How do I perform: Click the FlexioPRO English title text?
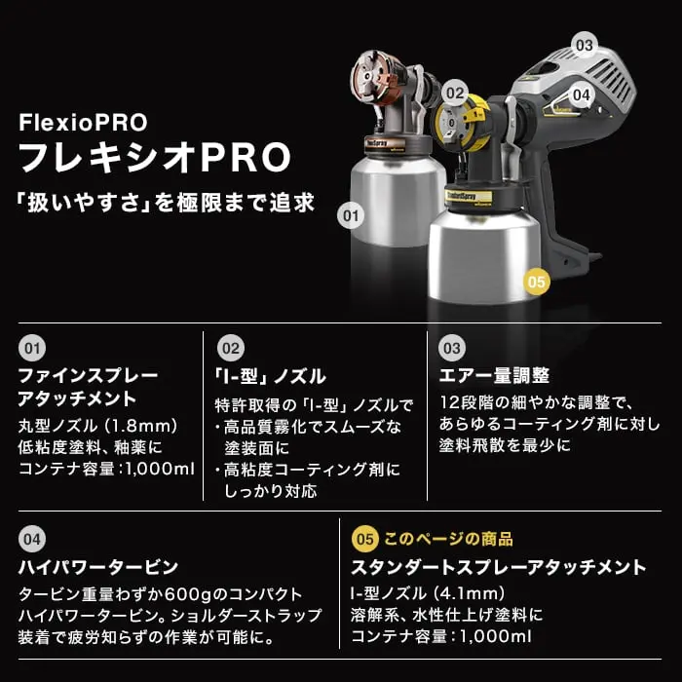pyautogui.click(x=83, y=122)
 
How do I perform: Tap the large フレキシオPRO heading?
pyautogui.click(x=155, y=158)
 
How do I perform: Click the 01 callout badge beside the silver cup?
pyautogui.click(x=351, y=215)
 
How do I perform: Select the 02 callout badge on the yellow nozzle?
pyautogui.click(x=455, y=94)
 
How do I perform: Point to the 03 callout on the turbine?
pyautogui.click(x=585, y=45)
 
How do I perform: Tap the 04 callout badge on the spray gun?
pyautogui.click(x=581, y=95)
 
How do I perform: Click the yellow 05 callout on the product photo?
pyautogui.click(x=536, y=282)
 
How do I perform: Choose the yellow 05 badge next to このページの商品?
pyautogui.click(x=365, y=540)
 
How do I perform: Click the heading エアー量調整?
pyautogui.click(x=494, y=376)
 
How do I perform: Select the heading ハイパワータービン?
pyautogui.click(x=98, y=567)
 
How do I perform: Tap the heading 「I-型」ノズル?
pyautogui.click(x=270, y=376)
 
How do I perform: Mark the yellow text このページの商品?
pyautogui.click(x=448, y=540)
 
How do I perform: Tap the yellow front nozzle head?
pyautogui.click(x=457, y=121)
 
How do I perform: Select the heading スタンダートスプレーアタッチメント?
pyautogui.click(x=499, y=568)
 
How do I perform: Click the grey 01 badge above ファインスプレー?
pyautogui.click(x=32, y=349)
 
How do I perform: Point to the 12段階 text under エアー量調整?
pyautogui.click(x=469, y=402)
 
